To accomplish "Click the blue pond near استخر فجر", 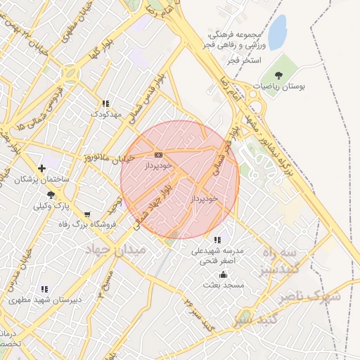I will click(278, 30).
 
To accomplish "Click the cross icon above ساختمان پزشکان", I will click(42, 168).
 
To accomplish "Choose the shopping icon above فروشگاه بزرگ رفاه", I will click(86, 214).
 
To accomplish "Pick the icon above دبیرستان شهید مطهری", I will click(44, 288).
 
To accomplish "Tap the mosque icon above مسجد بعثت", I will click(224, 274).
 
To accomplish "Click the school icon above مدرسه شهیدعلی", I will click(217, 240).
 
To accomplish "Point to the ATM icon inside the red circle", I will click(157, 155).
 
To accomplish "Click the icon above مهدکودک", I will click(105, 103).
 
